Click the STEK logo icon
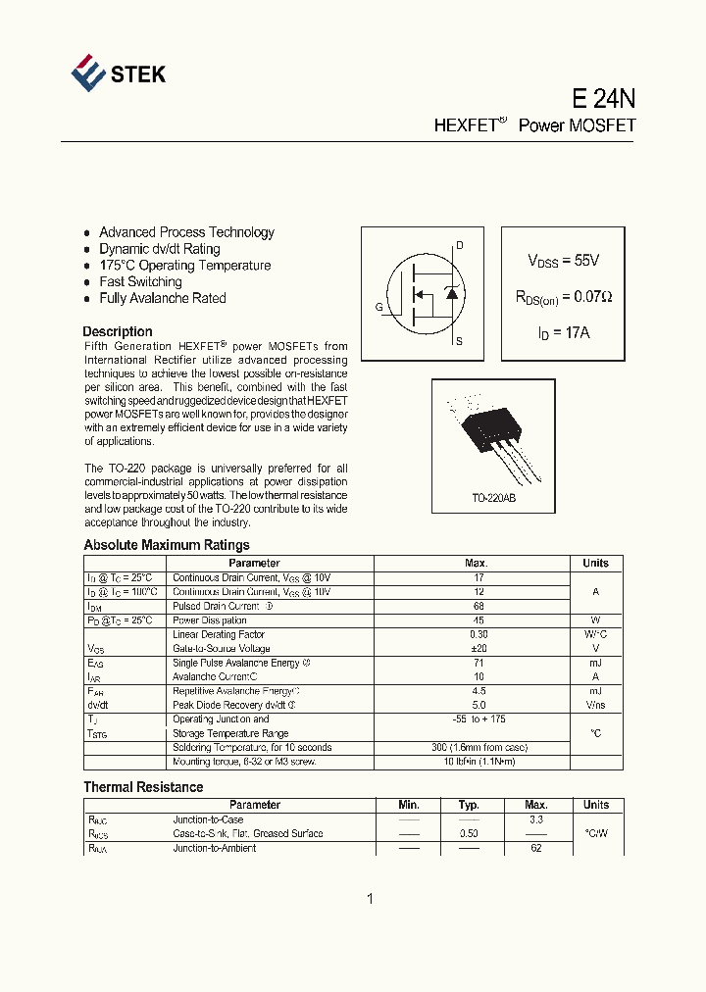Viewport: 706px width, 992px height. [x=88, y=74]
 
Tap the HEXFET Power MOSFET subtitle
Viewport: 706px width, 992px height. [x=534, y=125]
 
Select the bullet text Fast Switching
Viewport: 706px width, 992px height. [x=140, y=281]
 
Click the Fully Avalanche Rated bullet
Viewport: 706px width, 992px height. [x=162, y=298]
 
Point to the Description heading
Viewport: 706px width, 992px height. [x=118, y=331]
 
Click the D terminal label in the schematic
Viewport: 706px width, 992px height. [x=459, y=246]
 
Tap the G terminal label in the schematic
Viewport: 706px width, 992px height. [x=378, y=307]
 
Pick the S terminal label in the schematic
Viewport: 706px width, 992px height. [x=459, y=342]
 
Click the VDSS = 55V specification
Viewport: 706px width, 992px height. [x=563, y=261]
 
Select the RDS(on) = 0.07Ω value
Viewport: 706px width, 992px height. [x=563, y=296]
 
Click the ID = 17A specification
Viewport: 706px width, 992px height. [x=563, y=332]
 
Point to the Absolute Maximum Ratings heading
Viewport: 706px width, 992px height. [x=167, y=545]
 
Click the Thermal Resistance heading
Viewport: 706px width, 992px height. [x=143, y=787]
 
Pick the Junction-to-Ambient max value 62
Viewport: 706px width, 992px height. [x=535, y=848]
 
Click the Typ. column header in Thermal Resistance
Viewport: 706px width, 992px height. [x=469, y=805]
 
